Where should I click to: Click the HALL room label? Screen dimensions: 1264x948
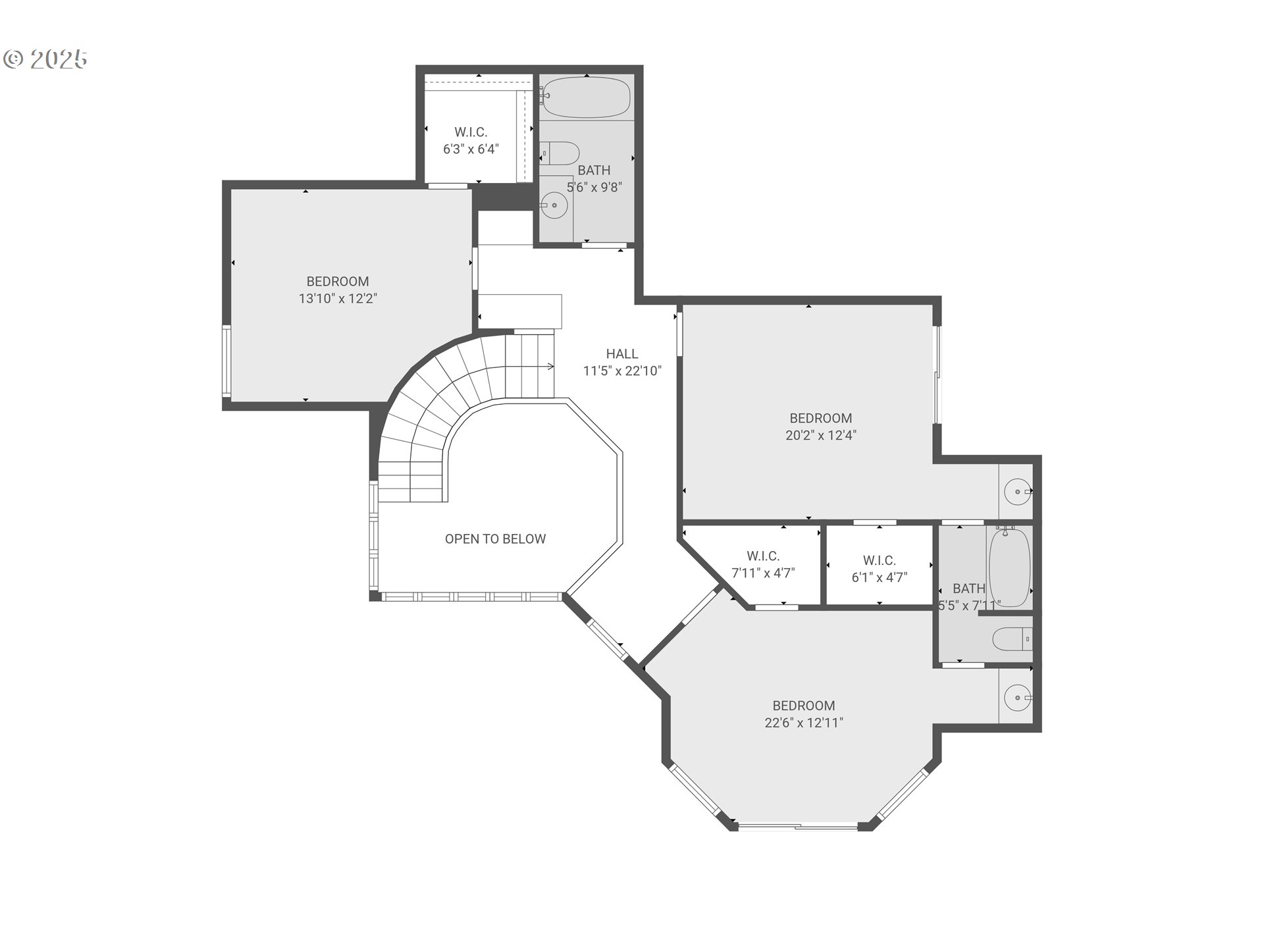click(622, 354)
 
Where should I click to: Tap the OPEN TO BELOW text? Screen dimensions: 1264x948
click(495, 539)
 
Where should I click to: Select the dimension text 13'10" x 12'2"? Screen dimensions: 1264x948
click(338, 298)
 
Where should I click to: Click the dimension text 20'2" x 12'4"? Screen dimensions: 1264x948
click(821, 435)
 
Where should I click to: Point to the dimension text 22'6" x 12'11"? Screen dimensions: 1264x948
click(804, 722)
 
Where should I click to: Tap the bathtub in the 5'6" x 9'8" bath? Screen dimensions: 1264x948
click(586, 97)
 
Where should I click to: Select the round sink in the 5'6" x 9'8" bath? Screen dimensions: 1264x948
click(554, 205)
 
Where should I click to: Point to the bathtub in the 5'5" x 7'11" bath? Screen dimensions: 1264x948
click(1010, 567)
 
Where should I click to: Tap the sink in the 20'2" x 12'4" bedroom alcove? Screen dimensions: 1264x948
click(1018, 492)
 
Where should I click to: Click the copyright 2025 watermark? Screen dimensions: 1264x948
click(45, 59)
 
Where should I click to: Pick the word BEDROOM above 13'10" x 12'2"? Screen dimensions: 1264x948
click(338, 281)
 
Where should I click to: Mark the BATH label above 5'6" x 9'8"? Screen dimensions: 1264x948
click(594, 171)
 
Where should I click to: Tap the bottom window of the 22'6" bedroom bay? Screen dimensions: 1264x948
click(798, 826)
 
